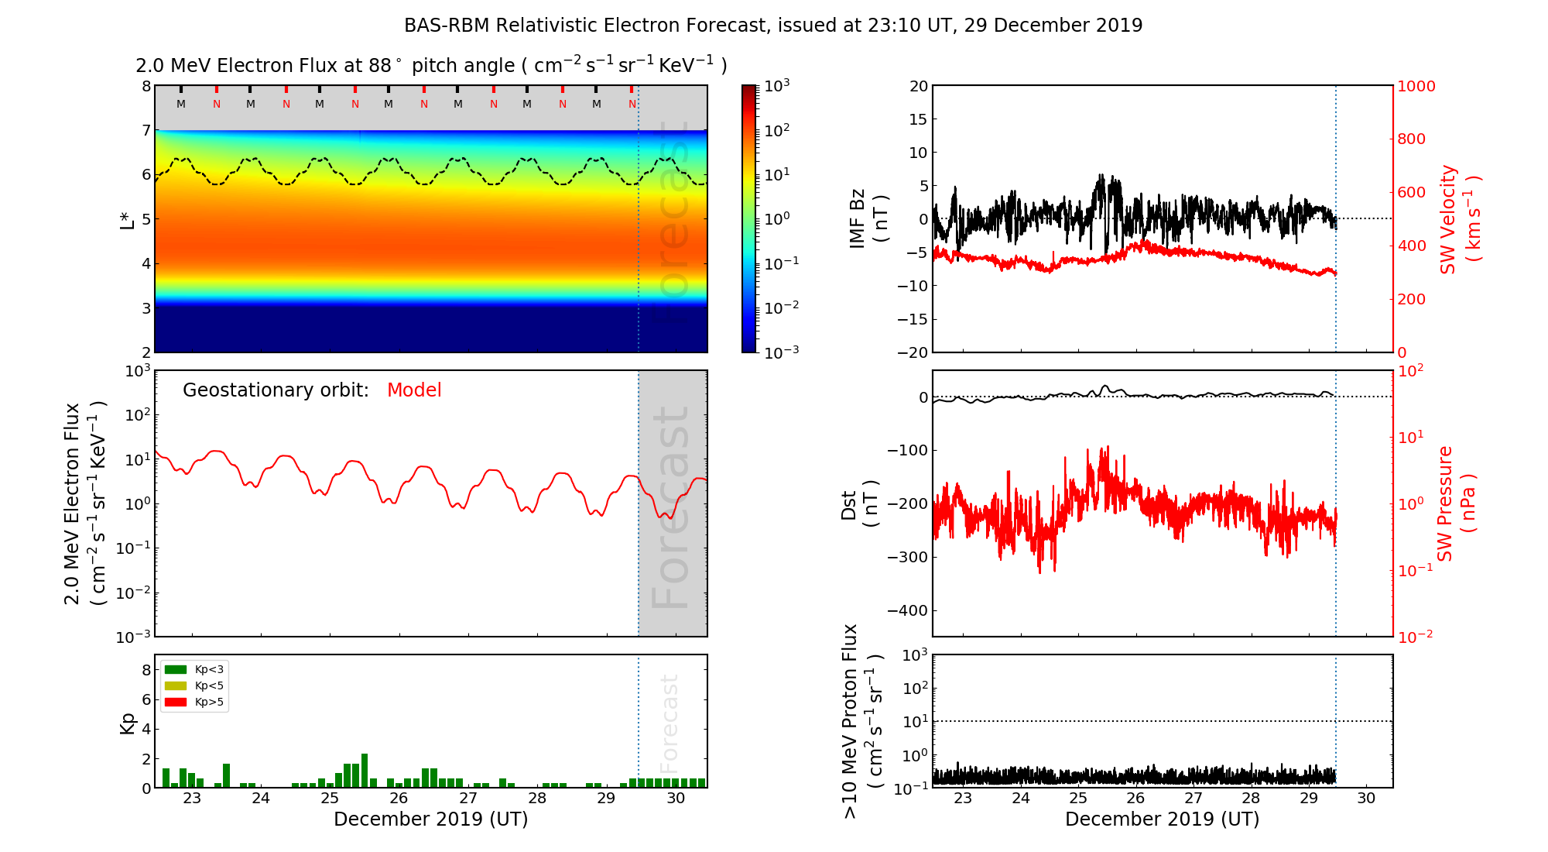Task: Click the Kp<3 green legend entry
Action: click(194, 669)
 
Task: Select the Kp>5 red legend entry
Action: click(194, 703)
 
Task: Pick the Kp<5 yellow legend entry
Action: click(194, 685)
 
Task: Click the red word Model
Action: click(414, 390)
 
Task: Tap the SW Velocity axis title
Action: click(1458, 219)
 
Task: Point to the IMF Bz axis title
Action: click(868, 219)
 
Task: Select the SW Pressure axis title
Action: click(1455, 504)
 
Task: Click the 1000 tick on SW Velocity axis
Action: click(1416, 86)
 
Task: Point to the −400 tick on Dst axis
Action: click(906, 610)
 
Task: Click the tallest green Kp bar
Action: click(365, 770)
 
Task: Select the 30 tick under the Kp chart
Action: click(676, 799)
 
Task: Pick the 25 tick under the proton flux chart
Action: click(1078, 799)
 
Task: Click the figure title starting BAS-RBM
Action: click(773, 26)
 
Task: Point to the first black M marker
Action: click(181, 104)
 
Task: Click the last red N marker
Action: click(632, 104)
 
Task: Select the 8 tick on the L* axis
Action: click(146, 86)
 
